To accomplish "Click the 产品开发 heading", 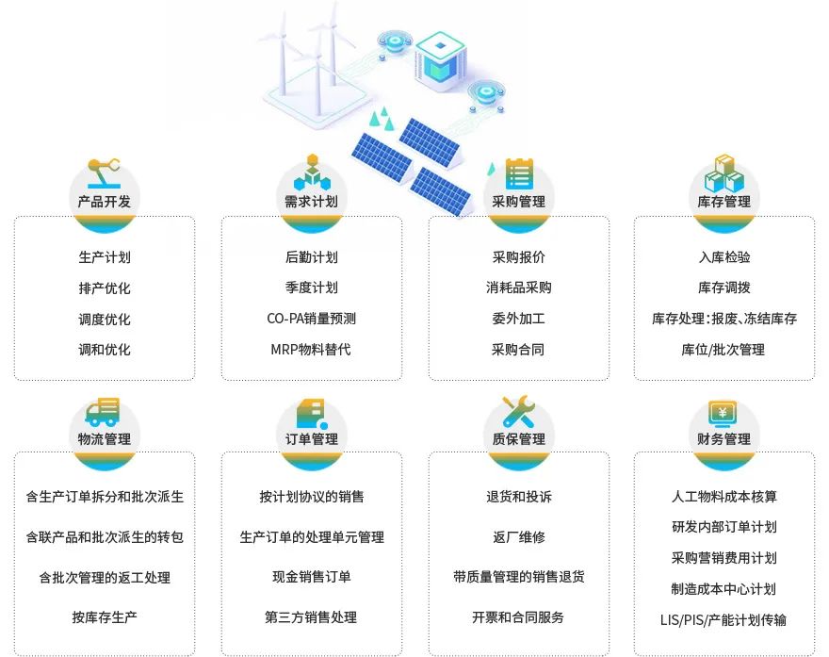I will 104,202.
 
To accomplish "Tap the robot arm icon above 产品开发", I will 104,172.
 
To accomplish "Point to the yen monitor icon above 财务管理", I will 723,411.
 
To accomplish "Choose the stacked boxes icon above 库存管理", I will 723,172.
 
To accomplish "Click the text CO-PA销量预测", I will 311,319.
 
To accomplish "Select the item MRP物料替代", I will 311,350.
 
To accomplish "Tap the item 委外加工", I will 518,319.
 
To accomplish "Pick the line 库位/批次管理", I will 723,350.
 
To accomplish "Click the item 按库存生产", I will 104,617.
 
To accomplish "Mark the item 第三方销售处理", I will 311,617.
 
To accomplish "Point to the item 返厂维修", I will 518,537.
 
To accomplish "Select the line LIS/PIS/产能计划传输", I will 723,620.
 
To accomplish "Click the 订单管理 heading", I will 311,439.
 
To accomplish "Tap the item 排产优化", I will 104,287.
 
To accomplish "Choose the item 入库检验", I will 723,257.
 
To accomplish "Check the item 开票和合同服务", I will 518,617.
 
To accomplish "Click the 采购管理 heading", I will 518,202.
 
